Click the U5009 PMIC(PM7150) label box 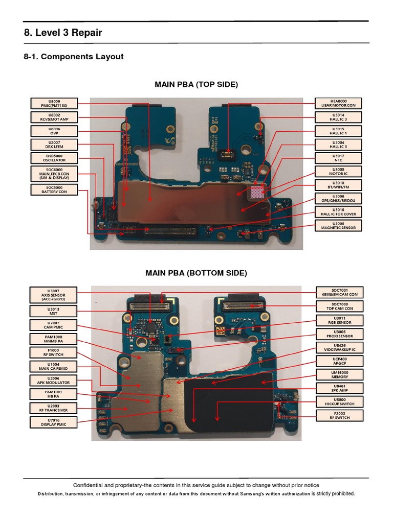(x=54, y=103)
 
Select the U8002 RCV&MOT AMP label (x=54, y=117)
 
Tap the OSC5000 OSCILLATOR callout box (x=54, y=158)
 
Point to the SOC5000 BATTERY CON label (x=54, y=189)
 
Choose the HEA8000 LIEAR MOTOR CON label (x=338, y=103)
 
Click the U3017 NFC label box (x=338, y=158)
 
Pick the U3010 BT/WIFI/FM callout (x=338, y=185)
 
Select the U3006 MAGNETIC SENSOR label (x=338, y=225)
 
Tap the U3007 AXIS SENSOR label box (x=54, y=295)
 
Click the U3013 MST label (x=54, y=312)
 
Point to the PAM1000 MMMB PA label (x=54, y=339)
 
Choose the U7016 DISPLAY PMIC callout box (x=54, y=422)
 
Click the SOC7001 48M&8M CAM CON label (x=339, y=293)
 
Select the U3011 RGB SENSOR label (x=339, y=320)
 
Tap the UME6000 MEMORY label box (x=339, y=375)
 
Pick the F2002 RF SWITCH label (x=339, y=416)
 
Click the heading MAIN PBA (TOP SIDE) (x=196, y=84)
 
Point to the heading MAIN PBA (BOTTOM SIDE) (x=196, y=273)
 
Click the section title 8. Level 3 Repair (x=63, y=33)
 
